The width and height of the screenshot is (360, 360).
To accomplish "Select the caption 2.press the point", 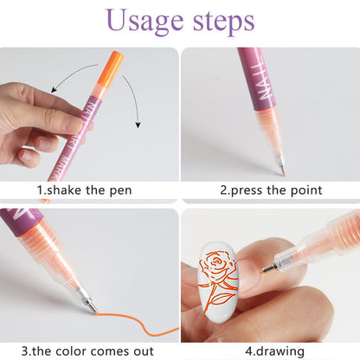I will coord(270,190).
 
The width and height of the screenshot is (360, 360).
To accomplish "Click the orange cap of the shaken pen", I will coord(110,67).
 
